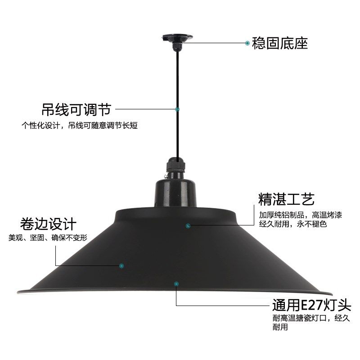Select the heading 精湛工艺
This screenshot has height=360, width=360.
pos(286,199)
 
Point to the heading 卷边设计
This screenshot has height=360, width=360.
pos(49,224)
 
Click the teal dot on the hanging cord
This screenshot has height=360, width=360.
pos(177,109)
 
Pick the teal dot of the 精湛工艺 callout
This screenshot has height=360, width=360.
pos(188,225)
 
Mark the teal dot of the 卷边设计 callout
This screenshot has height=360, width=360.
pos(121,265)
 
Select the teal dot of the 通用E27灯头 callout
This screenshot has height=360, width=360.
pos(176,283)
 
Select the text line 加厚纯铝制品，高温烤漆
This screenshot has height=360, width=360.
pos(300,214)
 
